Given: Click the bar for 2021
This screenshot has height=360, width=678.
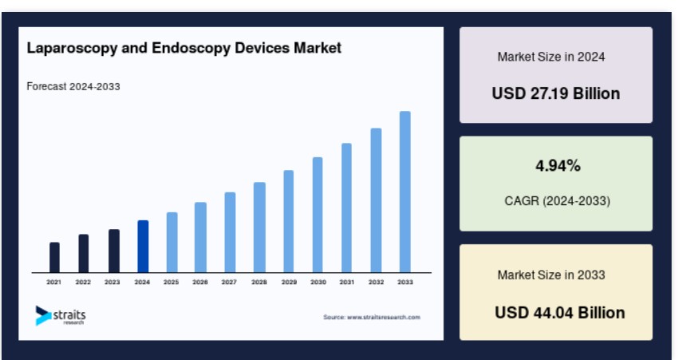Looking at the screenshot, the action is click(54, 258).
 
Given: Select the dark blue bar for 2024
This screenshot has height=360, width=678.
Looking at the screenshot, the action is click(143, 246).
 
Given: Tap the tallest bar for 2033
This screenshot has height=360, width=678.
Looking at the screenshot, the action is click(405, 192).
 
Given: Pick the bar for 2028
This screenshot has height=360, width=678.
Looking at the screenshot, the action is click(259, 227).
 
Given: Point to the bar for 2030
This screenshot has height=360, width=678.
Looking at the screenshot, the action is click(317, 215).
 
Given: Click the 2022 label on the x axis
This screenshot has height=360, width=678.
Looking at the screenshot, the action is click(83, 282).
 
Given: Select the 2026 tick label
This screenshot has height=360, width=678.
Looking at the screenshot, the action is click(200, 282).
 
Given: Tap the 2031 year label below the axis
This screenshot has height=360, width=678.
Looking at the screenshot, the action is click(347, 282).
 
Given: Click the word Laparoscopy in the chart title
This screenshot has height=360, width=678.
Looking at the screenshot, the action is click(73, 48).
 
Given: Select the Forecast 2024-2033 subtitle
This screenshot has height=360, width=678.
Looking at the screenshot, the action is click(73, 86).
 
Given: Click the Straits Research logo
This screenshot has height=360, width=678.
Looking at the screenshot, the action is click(61, 316).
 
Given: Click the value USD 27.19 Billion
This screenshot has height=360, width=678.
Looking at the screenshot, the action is click(556, 93).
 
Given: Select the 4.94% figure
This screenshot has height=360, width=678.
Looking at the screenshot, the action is click(558, 166).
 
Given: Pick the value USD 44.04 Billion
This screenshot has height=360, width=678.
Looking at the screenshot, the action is click(560, 312).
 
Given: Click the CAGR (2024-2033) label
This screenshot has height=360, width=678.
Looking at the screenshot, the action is click(558, 201).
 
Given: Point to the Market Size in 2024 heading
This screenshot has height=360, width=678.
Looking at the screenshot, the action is click(551, 57).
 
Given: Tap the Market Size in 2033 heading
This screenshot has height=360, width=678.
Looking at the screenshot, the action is click(551, 275).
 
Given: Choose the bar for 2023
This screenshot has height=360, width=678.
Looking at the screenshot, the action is click(114, 251).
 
